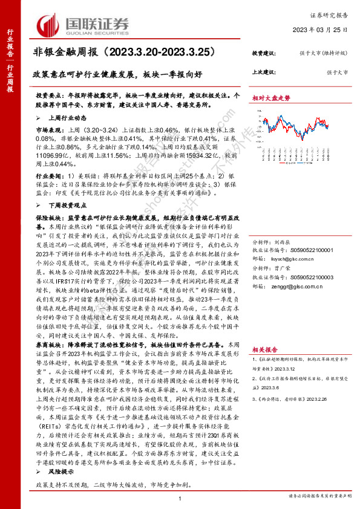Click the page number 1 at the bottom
[x=180, y=497]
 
